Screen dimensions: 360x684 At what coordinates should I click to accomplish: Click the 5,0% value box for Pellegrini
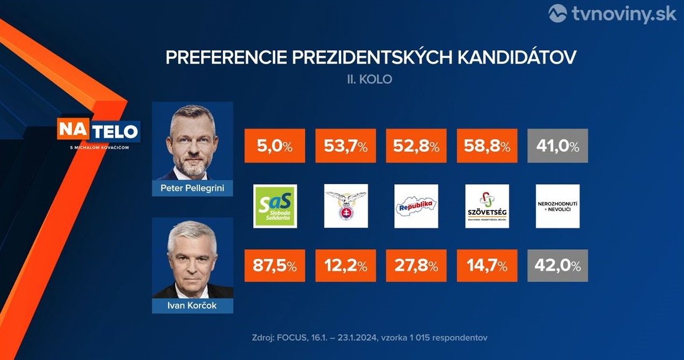[275, 146]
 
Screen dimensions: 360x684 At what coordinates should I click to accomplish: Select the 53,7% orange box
[346, 146]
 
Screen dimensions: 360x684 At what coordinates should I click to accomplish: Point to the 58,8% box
[487, 146]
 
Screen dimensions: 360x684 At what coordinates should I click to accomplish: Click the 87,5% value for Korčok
[275, 266]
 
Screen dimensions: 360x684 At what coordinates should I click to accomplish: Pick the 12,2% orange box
[346, 266]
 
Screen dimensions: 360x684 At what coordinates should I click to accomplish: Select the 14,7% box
[487, 266]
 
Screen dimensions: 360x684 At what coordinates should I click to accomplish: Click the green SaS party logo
[275, 206]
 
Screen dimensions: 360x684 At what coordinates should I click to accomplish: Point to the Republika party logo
[417, 206]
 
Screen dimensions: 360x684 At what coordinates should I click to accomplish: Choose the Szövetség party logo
[487, 206]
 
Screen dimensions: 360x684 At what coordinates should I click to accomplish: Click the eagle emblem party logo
[346, 206]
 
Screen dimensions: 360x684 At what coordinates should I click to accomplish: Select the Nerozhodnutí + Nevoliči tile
[558, 206]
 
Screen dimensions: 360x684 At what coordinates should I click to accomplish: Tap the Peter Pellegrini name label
[192, 189]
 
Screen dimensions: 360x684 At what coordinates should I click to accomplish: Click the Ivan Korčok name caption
[192, 306]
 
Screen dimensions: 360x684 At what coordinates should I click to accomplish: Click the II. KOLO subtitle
[370, 79]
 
